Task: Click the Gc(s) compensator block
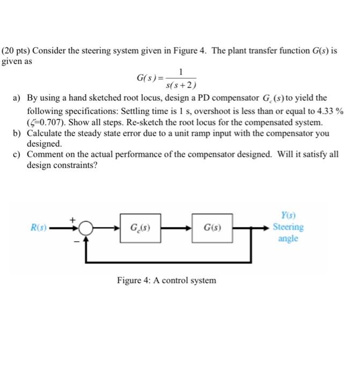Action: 140,227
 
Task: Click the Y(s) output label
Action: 288,216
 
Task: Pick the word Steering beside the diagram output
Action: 288,227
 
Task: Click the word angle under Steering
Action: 288,238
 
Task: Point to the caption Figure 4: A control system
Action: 166,280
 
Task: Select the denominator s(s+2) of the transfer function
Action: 181,85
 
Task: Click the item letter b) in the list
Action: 19,133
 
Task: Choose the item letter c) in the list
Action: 19,154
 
